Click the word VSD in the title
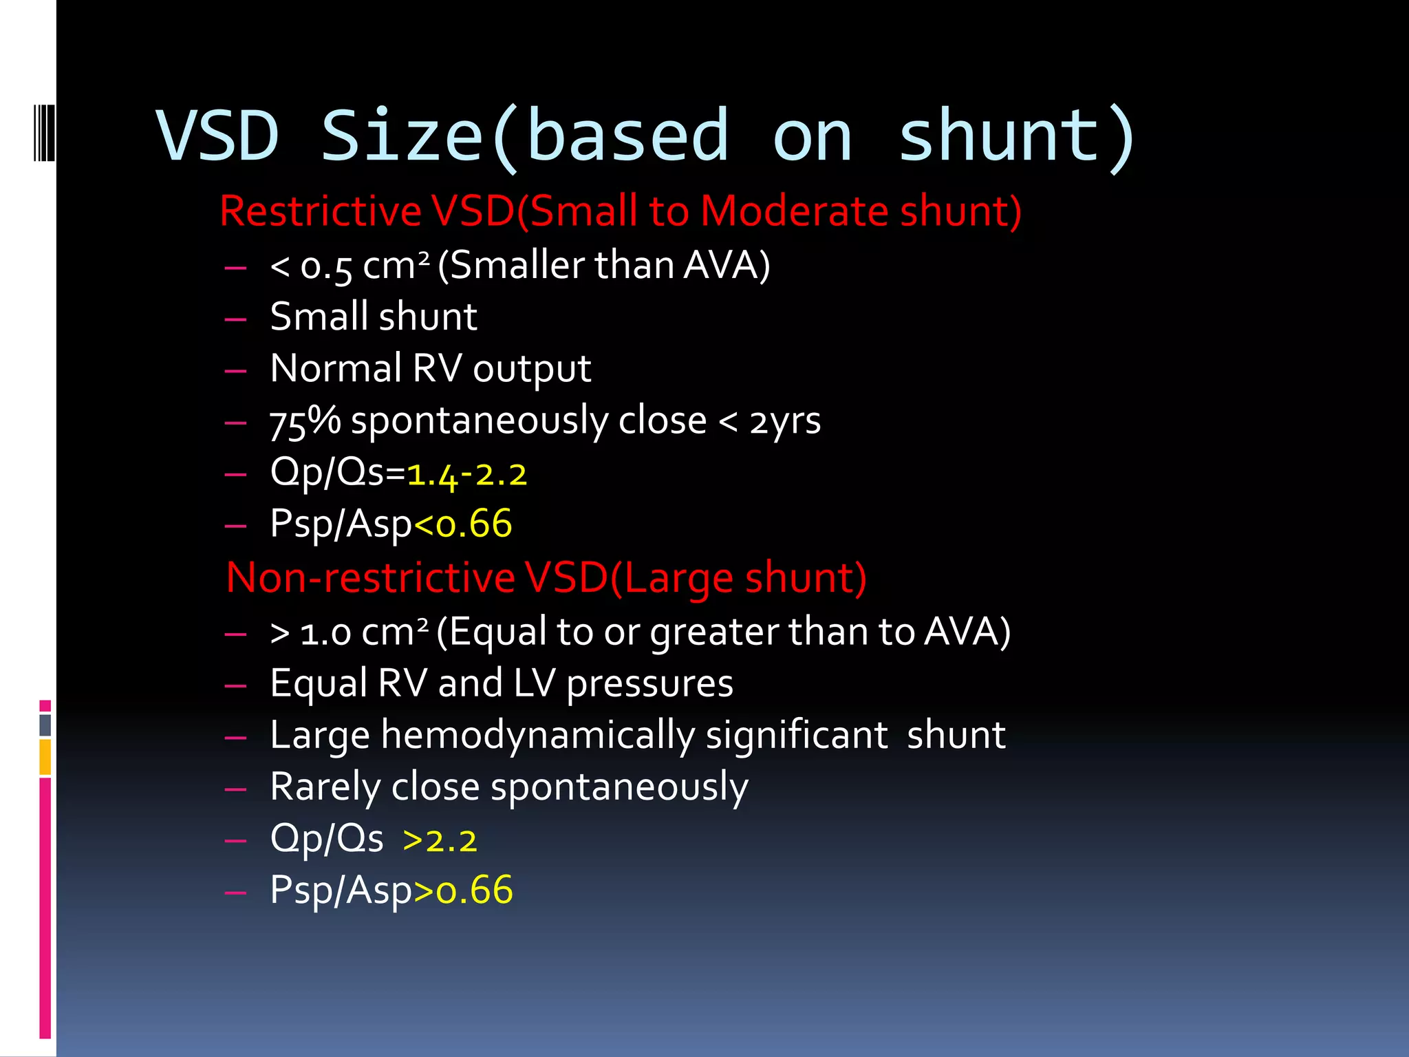pos(218,136)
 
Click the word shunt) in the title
pos(1017,136)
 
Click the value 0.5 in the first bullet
pos(326,266)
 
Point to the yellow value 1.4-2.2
pos(467,474)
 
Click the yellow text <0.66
pos(463,524)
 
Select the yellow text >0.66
pos(464,890)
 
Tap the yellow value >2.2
pos(440,840)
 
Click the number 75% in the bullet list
pos(305,421)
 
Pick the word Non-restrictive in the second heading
pos(370,577)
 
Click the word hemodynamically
pos(538,735)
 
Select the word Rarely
pos(325,787)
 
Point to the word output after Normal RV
pos(531,369)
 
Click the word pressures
pos(649,683)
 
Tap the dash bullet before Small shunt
pos(236,319)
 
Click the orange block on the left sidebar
pos(45,757)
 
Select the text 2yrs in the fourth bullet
pos(785,421)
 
